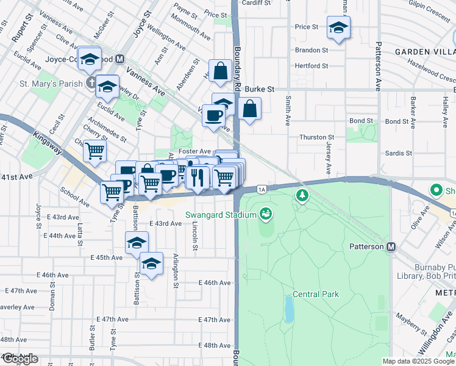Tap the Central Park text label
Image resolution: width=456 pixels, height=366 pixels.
pos(315,295)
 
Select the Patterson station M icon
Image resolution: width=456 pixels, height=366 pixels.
pos(391,246)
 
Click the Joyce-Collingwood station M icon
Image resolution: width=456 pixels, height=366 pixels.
pos(120,60)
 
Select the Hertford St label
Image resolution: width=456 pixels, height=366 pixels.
pos(312,66)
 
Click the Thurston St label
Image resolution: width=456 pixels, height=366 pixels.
pos(317,138)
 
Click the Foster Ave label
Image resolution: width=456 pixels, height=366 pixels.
pos(194,151)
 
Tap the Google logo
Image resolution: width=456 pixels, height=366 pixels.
pos(20,359)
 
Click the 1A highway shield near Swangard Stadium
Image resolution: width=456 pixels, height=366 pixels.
pos(262,190)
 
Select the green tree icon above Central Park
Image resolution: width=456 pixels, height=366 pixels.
pos(301,195)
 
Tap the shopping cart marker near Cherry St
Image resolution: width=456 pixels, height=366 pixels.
pos(94,149)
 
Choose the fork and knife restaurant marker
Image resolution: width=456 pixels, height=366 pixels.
pos(198,177)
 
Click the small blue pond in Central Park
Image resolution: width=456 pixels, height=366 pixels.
pos(288,309)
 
